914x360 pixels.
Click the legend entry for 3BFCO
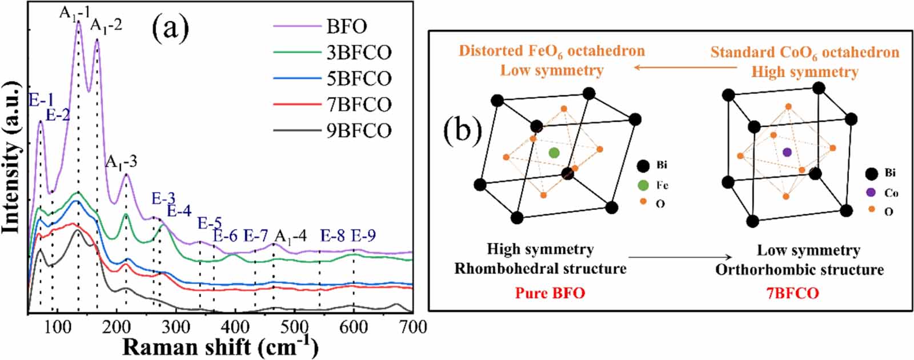coord(359,53)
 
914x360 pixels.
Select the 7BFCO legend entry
coord(359,105)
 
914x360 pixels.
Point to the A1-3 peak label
coord(121,162)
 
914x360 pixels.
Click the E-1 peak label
coord(41,101)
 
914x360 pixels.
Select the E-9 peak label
coord(363,235)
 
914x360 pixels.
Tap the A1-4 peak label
coord(290,236)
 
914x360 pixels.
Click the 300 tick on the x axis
coord(175,327)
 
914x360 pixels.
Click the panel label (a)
coord(170,30)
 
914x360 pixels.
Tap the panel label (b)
coord(463,130)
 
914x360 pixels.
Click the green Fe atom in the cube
coord(554,153)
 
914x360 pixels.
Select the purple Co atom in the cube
coord(787,152)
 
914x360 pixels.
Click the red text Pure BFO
coord(550,293)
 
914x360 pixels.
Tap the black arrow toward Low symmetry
coord(680,258)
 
